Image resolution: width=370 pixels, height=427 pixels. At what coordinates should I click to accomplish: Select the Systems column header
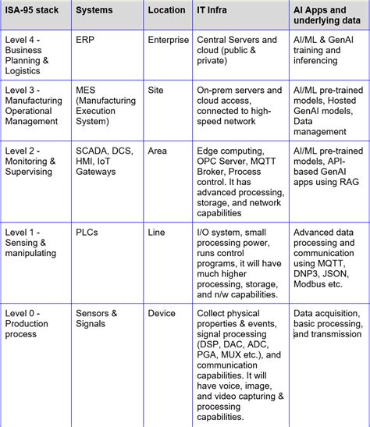tap(94, 10)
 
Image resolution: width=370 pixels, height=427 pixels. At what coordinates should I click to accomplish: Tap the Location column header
tap(165, 10)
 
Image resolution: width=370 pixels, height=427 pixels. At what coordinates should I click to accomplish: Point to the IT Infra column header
tap(213, 10)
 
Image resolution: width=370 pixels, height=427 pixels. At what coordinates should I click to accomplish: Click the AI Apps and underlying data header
tap(327, 16)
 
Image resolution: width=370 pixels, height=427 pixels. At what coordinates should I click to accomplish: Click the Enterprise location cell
tap(169, 39)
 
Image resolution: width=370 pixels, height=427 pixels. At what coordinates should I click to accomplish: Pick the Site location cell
tap(156, 90)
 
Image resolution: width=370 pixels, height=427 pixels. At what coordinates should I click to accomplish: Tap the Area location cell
tap(158, 151)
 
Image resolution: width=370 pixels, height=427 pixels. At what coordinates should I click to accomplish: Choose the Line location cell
tap(157, 232)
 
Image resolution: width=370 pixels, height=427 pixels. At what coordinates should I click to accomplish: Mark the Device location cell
tap(162, 313)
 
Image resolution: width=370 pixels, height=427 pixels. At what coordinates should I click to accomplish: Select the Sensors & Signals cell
tap(97, 318)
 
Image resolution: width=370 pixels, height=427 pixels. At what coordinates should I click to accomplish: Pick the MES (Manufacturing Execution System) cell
tap(105, 105)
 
